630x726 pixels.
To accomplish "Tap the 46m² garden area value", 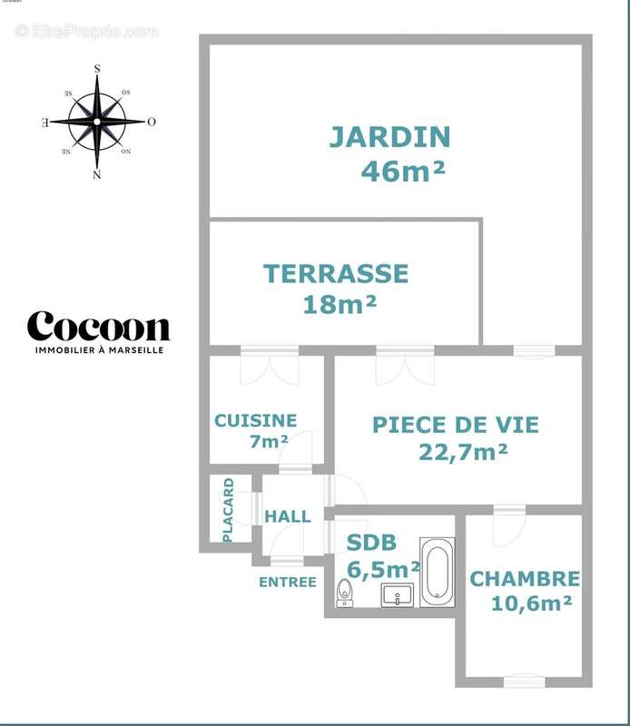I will tap(403, 171).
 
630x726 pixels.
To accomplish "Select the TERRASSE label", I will tap(336, 272).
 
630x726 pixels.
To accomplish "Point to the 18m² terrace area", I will tap(340, 304).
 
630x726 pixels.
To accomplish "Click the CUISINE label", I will tap(255, 420).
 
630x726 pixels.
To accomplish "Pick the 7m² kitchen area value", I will tap(269, 442).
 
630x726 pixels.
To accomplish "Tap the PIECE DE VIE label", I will tap(456, 425).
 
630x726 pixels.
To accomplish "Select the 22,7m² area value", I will tap(463, 452).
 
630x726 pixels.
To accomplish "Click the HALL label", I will tap(287, 516).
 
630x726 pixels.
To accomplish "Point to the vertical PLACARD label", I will tap(228, 510).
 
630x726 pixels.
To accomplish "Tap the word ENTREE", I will tap(287, 582).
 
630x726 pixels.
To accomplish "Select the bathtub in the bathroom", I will tap(437, 572).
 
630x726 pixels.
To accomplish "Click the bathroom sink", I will tap(397, 595).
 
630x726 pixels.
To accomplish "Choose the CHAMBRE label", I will tap(525, 578).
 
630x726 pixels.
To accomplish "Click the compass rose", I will tap(97, 121).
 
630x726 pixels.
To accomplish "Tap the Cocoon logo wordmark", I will tap(98, 327).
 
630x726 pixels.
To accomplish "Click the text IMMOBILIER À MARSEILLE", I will tap(98, 350).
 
